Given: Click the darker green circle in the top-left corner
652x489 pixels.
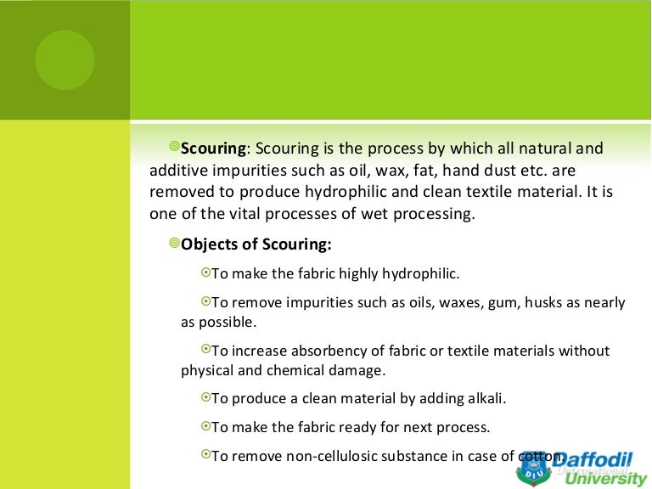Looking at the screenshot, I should point(65,59).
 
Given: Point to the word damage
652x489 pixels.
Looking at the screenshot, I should point(357,370).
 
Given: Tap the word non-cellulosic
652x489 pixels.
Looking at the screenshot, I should point(323,455).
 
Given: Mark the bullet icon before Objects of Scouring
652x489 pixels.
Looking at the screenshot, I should point(174,244).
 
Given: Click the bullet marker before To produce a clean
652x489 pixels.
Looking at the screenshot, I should point(205,397).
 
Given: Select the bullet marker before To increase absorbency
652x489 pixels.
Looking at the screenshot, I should point(205,350).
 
